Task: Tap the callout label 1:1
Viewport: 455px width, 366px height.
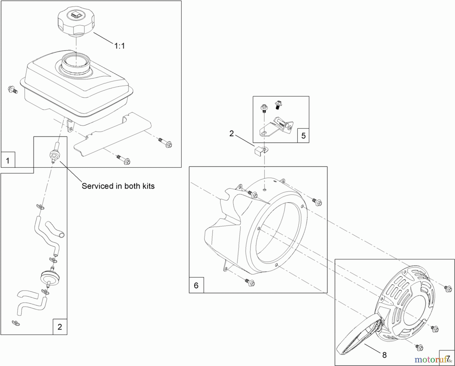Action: tap(120, 46)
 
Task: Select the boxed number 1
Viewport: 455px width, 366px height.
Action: tap(8, 160)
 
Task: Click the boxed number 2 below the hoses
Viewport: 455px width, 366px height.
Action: tap(60, 327)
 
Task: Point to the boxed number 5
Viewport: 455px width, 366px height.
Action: tap(303, 136)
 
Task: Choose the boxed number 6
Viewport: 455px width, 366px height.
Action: tap(196, 285)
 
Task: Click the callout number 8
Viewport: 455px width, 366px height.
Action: tap(384, 355)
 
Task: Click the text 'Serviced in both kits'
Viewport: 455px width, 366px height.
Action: tap(118, 186)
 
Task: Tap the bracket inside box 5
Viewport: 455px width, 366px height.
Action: tap(277, 128)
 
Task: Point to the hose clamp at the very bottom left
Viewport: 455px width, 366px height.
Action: tap(16, 323)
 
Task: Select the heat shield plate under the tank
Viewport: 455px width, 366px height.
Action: tap(111, 138)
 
